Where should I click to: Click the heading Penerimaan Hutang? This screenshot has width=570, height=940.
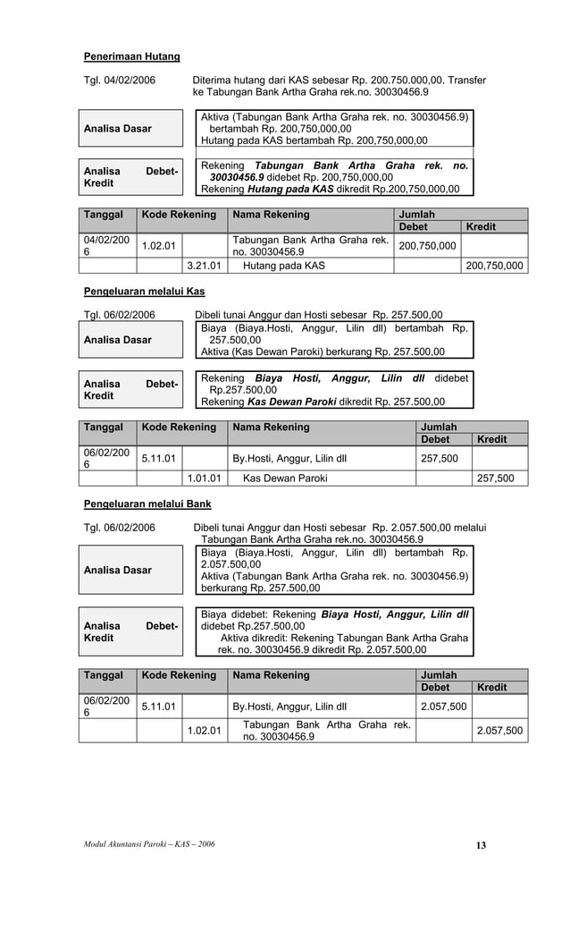(x=131, y=57)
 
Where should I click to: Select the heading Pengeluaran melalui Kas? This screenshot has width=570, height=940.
(x=144, y=292)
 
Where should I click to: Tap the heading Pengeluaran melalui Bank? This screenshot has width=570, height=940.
(x=147, y=504)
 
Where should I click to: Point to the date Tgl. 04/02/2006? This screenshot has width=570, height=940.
(x=119, y=80)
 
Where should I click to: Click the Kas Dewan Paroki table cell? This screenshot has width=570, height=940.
(x=284, y=478)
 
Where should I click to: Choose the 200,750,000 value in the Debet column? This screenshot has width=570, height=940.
(x=427, y=246)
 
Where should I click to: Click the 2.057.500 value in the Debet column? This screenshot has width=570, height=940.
(x=443, y=707)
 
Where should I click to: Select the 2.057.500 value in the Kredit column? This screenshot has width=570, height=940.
(x=499, y=731)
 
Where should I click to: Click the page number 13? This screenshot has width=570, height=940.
(x=481, y=845)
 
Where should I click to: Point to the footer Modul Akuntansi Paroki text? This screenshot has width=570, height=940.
(x=149, y=844)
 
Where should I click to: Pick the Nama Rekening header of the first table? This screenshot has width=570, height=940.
(x=271, y=215)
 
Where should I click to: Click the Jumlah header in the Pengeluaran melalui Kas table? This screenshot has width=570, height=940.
(x=439, y=427)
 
